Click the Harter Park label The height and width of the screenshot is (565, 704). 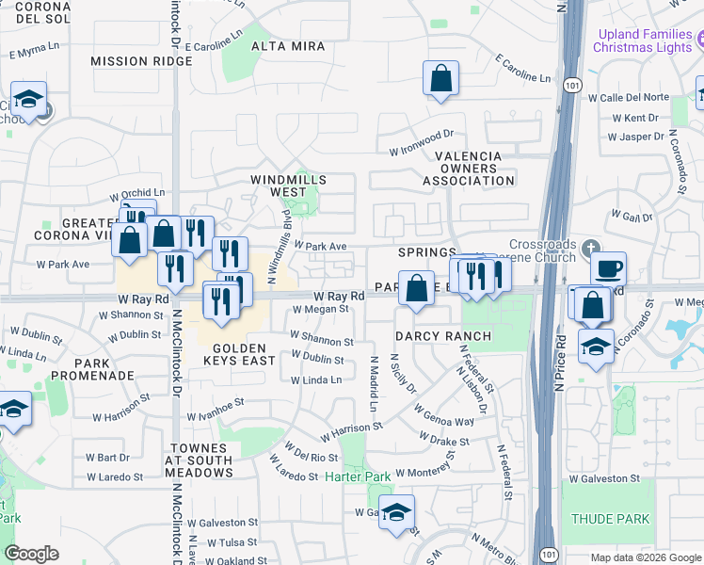(358, 476)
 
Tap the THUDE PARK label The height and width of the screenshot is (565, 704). (610, 519)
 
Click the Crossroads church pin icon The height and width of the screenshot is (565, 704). (589, 249)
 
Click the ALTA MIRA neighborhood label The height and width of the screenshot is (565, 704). (288, 46)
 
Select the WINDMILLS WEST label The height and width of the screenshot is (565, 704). (288, 186)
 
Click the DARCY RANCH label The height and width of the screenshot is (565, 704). (442, 336)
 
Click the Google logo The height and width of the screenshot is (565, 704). (31, 554)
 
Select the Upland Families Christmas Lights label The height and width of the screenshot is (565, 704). (645, 40)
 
